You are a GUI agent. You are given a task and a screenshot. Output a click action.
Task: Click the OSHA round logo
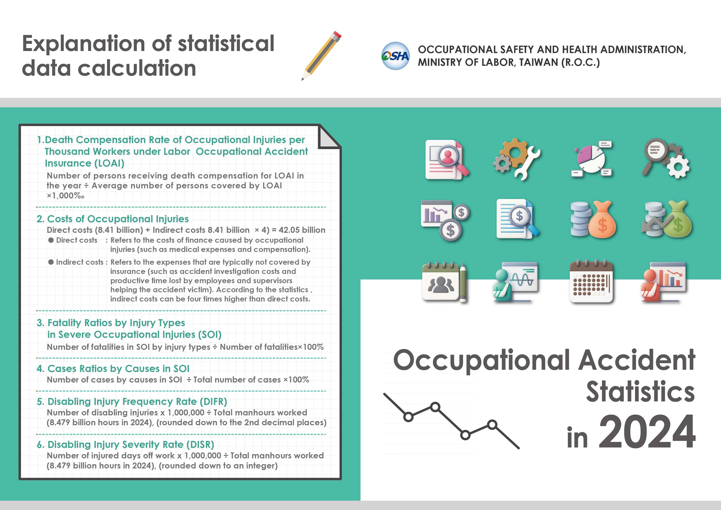point(395,56)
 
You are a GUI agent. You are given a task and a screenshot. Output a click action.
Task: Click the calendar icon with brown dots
point(591,282)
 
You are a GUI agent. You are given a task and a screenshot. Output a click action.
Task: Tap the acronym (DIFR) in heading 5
point(213,402)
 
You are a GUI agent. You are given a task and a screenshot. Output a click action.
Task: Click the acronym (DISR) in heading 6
point(200,445)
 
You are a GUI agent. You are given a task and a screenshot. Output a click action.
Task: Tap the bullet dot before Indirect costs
point(51,262)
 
